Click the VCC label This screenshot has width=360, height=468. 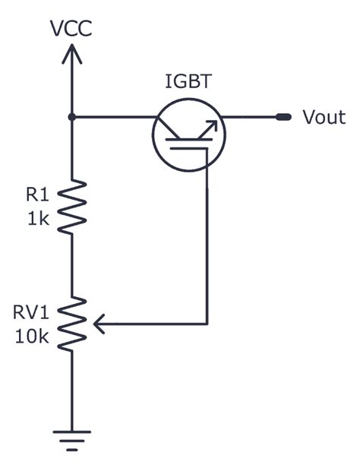click(x=71, y=29)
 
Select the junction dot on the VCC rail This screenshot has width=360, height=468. click(x=71, y=117)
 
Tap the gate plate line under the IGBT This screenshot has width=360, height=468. click(x=187, y=149)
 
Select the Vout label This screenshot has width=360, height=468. click(x=324, y=117)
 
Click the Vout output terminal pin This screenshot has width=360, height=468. click(x=283, y=117)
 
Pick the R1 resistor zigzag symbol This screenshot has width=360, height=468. click(x=71, y=205)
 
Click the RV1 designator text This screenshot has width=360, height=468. click(x=32, y=312)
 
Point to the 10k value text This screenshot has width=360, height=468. click(x=32, y=335)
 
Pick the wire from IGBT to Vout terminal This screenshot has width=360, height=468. click(x=251, y=117)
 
